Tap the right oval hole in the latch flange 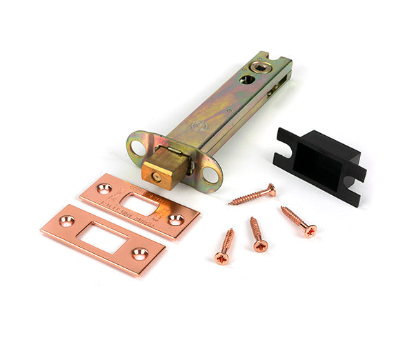pyautogui.click(x=209, y=174)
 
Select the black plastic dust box pyautogui.click(x=319, y=165)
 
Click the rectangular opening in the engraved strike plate pyautogui.click(x=141, y=204)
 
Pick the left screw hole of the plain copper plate pyautogui.click(x=67, y=221)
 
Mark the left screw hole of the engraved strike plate pyautogui.click(x=103, y=188)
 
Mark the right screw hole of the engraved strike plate pyautogui.click(x=175, y=219)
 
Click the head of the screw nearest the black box pyautogui.click(x=310, y=230)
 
